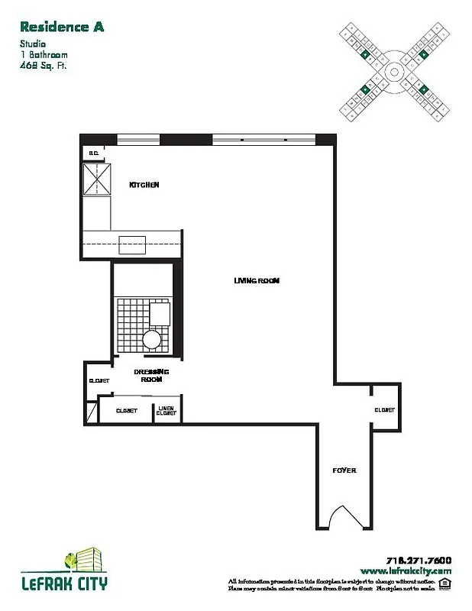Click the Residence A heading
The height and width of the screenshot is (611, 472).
pos(62,27)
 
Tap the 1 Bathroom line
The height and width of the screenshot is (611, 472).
pos(44,55)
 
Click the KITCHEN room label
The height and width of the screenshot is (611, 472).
pos(144,185)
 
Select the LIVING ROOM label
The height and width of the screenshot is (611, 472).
pos(257,280)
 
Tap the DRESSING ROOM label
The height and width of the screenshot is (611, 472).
pos(150,374)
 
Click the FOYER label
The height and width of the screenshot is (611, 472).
pos(344,470)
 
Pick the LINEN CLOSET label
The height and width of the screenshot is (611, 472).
pos(166,410)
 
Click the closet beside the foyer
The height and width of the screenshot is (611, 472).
pos(384,410)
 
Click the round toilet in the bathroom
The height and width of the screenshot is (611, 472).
pos(152,338)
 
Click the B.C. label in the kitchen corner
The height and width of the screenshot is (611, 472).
pos(94,154)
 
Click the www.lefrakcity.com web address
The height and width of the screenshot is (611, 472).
pos(406,571)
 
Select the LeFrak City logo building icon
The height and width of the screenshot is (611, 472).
pos(82,561)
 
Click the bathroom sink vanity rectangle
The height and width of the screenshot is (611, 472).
pos(160,314)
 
